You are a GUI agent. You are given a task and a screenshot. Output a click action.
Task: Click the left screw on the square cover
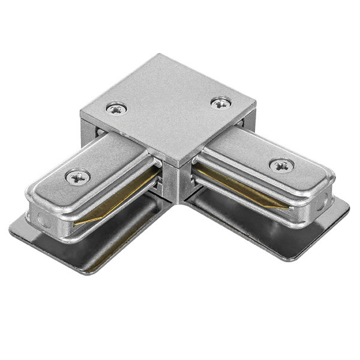(116, 109)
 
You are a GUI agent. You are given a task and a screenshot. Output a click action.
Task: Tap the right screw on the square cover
(221, 103)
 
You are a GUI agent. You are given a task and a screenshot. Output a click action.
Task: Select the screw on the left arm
(78, 176)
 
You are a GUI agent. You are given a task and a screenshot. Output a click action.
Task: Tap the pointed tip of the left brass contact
(76, 223)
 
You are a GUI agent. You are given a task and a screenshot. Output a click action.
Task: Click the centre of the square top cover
(168, 108)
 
